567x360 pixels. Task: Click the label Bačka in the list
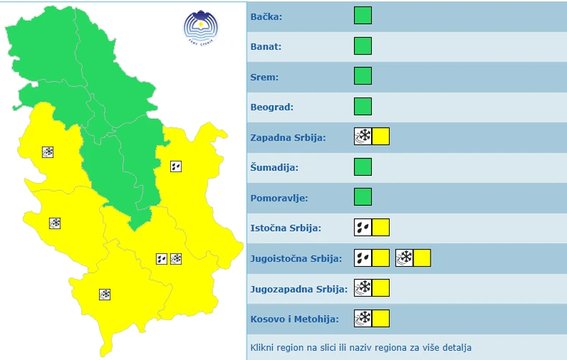tap(266, 16)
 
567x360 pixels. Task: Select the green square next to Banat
tap(363, 47)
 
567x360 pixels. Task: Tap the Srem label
tap(265, 77)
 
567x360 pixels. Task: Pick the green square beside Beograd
tap(363, 107)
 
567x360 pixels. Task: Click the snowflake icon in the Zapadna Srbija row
tap(363, 137)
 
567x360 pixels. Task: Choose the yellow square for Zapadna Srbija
tap(380, 137)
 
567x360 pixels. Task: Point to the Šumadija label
tap(274, 168)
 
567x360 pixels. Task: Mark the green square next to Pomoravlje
tap(363, 197)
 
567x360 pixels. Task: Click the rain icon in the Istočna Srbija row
tap(363, 227)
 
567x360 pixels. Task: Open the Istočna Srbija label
tap(286, 228)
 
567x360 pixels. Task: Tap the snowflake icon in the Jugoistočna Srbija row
tap(405, 257)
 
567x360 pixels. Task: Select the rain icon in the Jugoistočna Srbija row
tap(363, 257)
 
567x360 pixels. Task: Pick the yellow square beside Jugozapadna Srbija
tap(380, 288)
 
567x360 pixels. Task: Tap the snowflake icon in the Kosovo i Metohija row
tap(363, 318)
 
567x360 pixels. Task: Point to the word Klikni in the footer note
tap(263, 348)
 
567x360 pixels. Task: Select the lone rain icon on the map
tap(176, 166)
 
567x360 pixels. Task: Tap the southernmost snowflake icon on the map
tap(105, 294)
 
